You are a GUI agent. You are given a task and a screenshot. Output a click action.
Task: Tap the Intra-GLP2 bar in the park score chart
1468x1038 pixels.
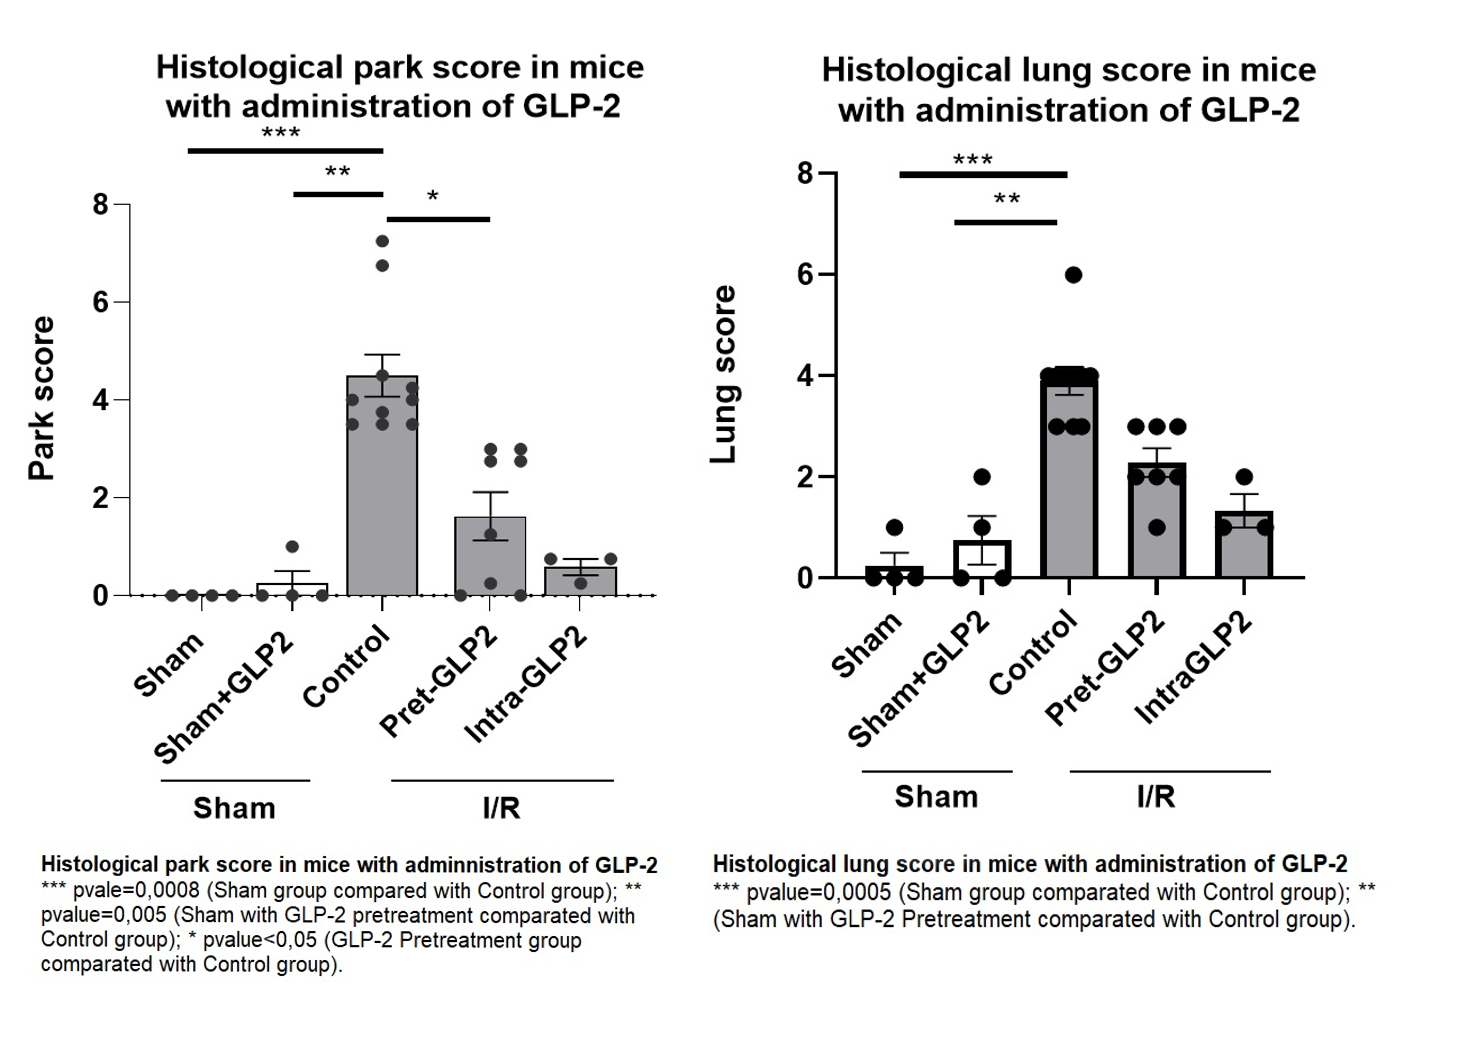[x=580, y=583]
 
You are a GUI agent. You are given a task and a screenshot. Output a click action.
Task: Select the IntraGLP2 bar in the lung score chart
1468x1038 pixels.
[x=1244, y=550]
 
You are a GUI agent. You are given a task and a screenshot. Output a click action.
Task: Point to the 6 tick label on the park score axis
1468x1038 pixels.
[x=100, y=302]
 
